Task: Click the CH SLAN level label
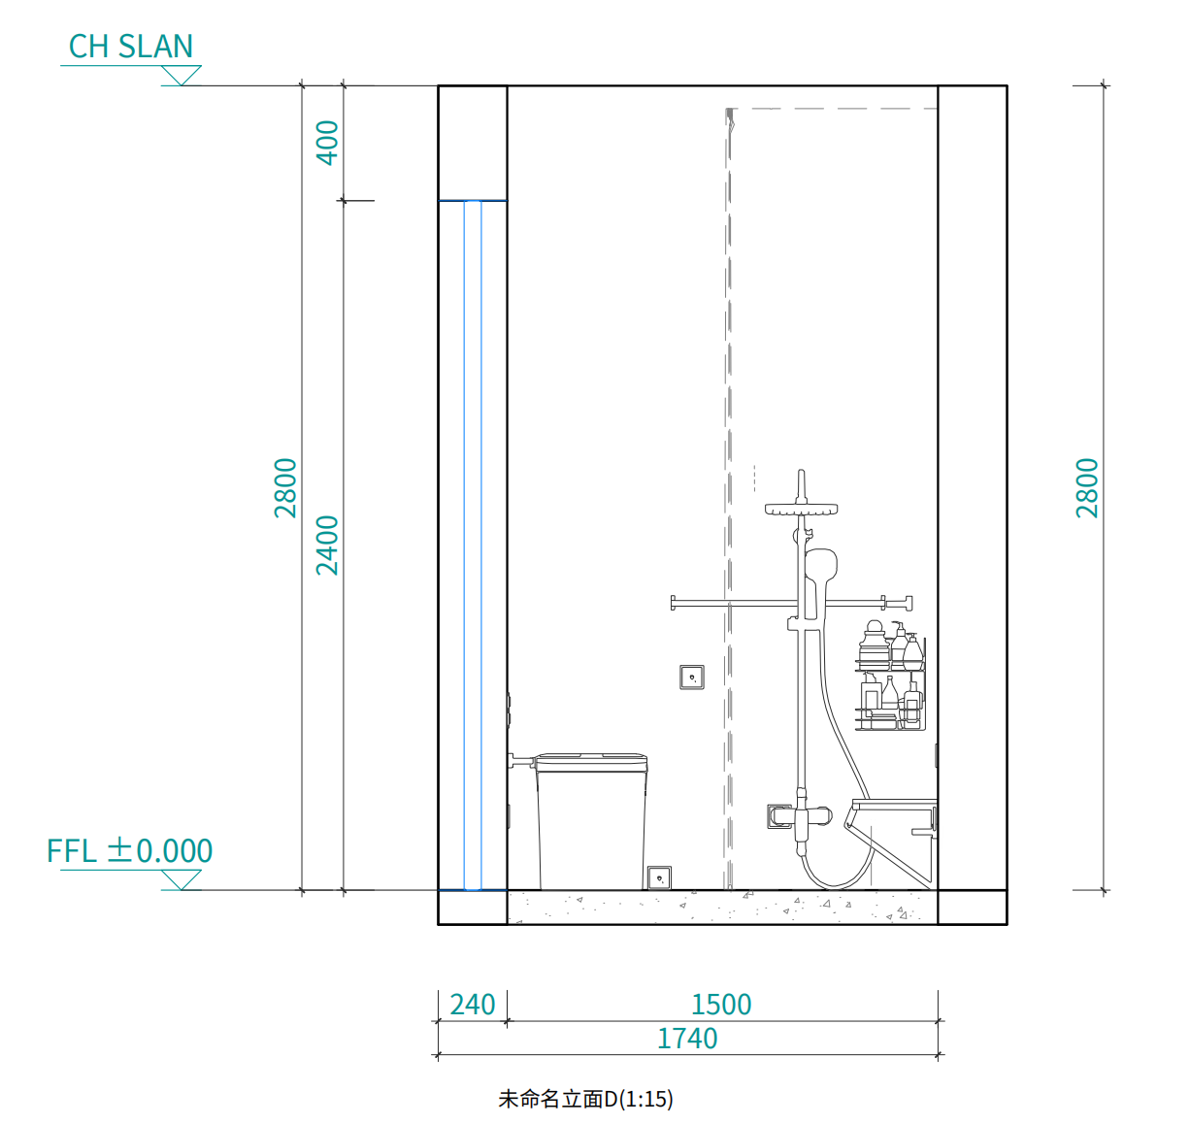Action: (x=131, y=47)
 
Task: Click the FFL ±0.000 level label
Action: (x=129, y=850)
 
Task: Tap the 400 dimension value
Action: (x=327, y=143)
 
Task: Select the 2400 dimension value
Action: (x=327, y=545)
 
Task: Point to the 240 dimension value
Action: (x=472, y=1004)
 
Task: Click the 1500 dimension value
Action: (x=721, y=1004)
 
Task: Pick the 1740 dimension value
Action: (x=687, y=1039)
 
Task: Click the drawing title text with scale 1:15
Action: (x=585, y=1098)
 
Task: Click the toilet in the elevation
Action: (x=591, y=820)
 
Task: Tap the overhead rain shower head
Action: (x=801, y=508)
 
